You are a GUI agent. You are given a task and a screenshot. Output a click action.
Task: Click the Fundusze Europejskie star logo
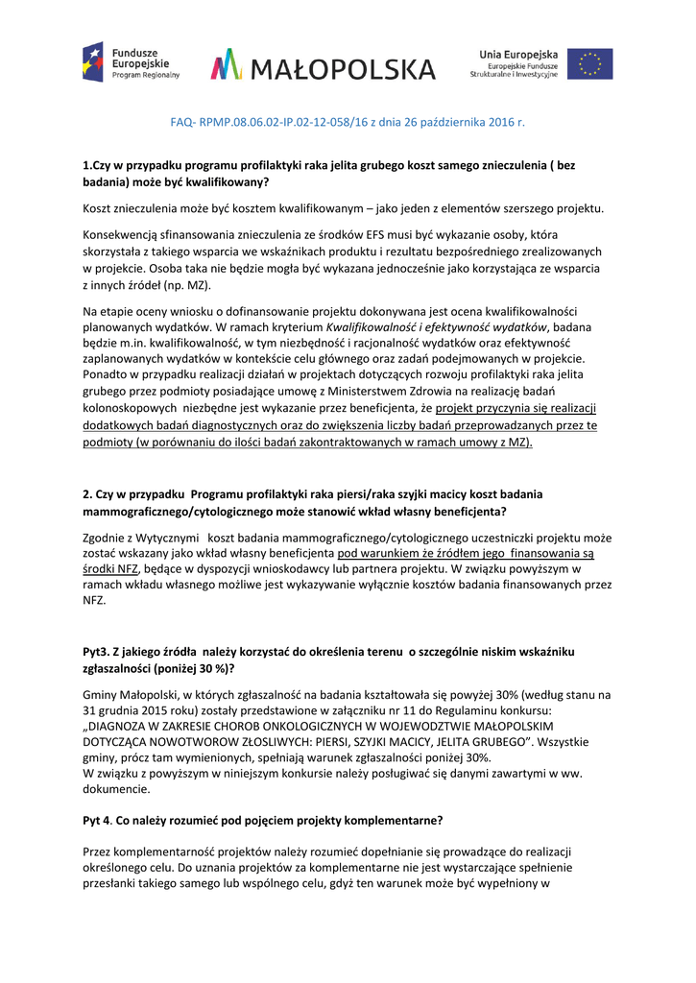[92, 61]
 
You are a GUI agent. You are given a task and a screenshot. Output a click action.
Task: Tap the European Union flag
[590, 63]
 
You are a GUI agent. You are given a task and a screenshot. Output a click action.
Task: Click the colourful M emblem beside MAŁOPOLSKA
[228, 65]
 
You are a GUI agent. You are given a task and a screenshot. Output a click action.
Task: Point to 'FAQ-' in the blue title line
[183, 123]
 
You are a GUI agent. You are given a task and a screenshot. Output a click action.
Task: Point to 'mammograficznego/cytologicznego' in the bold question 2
[174, 510]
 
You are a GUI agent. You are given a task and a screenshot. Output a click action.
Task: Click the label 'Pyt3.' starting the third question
[98, 652]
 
